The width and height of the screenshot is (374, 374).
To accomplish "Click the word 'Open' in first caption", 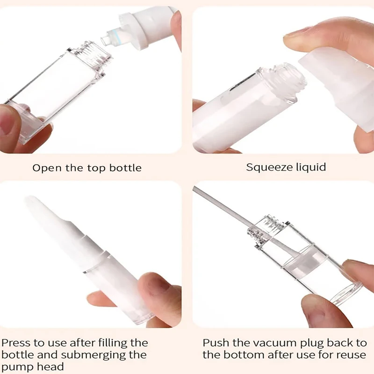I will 46,168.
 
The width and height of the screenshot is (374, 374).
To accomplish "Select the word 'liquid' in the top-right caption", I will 310,167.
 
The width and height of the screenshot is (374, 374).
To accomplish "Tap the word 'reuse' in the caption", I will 350,355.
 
